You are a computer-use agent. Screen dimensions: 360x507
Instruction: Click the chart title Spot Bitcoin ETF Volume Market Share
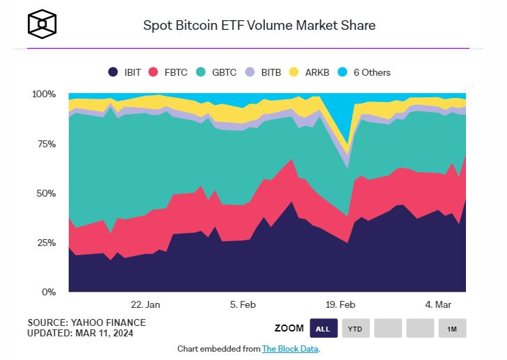point(259,26)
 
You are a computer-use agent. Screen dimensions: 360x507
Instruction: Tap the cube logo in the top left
point(41,25)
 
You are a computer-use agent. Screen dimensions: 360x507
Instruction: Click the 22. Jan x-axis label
point(145,304)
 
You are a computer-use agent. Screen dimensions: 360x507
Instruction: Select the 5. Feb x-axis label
point(243,304)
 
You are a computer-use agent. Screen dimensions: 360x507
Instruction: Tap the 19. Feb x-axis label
point(340,304)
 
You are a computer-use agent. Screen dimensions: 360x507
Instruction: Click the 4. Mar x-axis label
point(438,304)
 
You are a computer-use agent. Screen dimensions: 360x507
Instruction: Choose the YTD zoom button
point(355,328)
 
